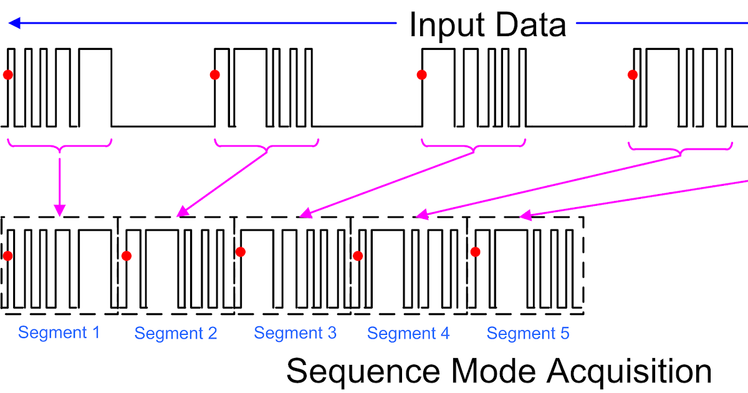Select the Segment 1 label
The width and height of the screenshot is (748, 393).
(x=59, y=332)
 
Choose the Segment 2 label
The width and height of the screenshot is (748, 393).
(x=176, y=333)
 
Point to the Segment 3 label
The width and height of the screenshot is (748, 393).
(x=295, y=333)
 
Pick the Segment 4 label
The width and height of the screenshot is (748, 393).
(x=408, y=333)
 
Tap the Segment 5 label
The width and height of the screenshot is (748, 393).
(x=528, y=333)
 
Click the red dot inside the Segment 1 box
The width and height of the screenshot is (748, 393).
(x=7, y=255)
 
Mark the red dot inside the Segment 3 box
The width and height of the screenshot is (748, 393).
(x=240, y=252)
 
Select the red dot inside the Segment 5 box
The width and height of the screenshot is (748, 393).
(x=476, y=252)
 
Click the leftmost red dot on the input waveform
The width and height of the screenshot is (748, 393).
(x=7, y=75)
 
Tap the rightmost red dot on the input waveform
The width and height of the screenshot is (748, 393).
(x=633, y=75)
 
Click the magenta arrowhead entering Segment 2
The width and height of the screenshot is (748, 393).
(x=181, y=213)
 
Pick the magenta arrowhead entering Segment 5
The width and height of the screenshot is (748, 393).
(x=525, y=216)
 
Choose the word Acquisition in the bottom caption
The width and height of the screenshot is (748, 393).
(x=630, y=372)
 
